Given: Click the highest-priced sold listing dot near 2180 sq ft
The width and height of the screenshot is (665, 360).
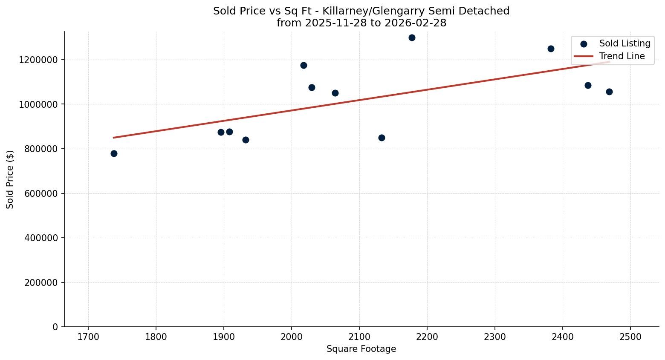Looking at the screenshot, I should tap(412, 37).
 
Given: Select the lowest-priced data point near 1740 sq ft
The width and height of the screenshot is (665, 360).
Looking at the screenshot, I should tap(114, 153).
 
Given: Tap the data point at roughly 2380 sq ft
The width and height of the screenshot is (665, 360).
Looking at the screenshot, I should tap(551, 49).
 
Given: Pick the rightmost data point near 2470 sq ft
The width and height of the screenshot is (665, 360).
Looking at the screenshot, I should tap(609, 92).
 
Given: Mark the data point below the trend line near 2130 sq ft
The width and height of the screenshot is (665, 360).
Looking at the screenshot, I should tap(382, 138).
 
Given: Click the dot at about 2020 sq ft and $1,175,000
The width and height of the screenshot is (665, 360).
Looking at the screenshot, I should tap(304, 65).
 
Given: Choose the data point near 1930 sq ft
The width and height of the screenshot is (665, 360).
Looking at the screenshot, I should tap(246, 140).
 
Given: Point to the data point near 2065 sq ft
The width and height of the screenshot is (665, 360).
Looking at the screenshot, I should tap(335, 93).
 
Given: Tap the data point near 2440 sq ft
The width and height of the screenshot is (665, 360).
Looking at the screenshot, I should tap(588, 85).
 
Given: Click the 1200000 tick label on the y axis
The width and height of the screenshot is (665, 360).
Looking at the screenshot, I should tap(38, 60).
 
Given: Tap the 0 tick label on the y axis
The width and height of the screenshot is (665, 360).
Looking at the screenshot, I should tap(55, 327).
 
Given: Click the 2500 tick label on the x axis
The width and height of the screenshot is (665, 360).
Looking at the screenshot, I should tap(630, 337).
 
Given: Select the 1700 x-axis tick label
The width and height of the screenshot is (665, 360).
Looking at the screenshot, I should tap(88, 337).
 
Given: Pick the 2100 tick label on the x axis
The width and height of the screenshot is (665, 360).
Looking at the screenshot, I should tap(359, 337).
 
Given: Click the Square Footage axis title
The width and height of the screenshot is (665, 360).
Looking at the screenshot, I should tap(361, 349).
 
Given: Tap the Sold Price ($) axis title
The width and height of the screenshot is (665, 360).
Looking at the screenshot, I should tap(10, 179).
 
